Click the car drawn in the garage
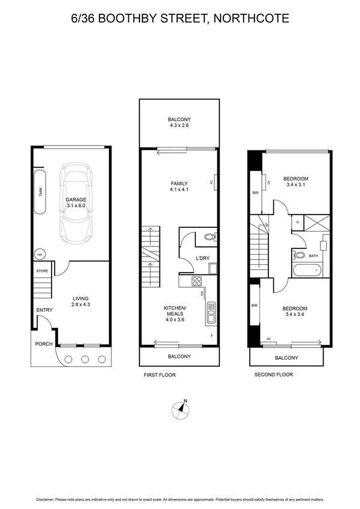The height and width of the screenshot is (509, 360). (x=80, y=202)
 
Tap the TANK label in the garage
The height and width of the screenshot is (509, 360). (x=41, y=191)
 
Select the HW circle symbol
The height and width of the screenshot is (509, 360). (x=40, y=253)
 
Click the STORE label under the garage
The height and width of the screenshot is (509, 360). (x=41, y=271)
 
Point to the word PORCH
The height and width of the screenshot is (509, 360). (x=44, y=344)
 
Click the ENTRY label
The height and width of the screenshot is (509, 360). (x=44, y=310)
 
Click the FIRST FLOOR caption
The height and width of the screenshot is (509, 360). (x=159, y=375)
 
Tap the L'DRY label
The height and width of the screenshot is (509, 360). (x=201, y=258)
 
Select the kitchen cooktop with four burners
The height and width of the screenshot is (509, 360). (x=196, y=281)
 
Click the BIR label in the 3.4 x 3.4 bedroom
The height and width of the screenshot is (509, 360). (x=255, y=306)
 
